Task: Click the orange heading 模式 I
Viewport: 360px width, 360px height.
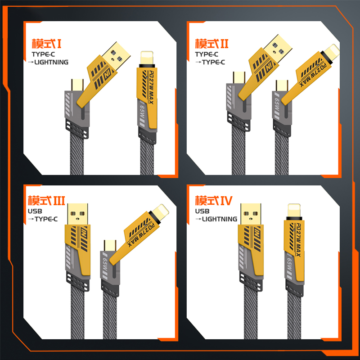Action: (x=47, y=44)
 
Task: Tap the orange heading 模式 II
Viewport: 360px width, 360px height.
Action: (x=211, y=44)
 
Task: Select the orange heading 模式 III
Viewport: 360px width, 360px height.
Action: (x=46, y=201)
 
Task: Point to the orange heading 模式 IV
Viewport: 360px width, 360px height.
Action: (x=214, y=201)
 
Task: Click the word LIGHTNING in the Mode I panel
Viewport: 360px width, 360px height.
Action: (x=51, y=62)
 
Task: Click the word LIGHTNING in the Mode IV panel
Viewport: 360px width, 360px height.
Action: (x=220, y=219)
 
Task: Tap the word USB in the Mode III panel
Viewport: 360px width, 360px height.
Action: (x=35, y=211)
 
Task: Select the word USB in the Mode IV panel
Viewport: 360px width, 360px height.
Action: (x=202, y=211)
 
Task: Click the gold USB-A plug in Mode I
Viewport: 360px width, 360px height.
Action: (x=116, y=55)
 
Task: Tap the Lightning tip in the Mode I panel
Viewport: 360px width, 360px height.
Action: (x=147, y=58)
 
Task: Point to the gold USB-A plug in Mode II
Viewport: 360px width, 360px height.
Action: (x=278, y=48)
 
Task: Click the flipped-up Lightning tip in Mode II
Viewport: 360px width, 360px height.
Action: (x=332, y=51)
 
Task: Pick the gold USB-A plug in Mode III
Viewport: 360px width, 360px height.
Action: (x=77, y=214)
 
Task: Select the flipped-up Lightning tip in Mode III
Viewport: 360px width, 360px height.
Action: (x=161, y=212)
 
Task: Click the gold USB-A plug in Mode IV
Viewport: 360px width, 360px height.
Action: (x=251, y=214)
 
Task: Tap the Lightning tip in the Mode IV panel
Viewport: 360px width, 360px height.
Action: (x=294, y=210)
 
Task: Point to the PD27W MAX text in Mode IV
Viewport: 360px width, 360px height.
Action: (x=298, y=240)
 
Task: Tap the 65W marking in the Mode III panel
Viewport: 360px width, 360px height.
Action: (x=105, y=265)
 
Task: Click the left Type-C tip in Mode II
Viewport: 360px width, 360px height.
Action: (x=239, y=77)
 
